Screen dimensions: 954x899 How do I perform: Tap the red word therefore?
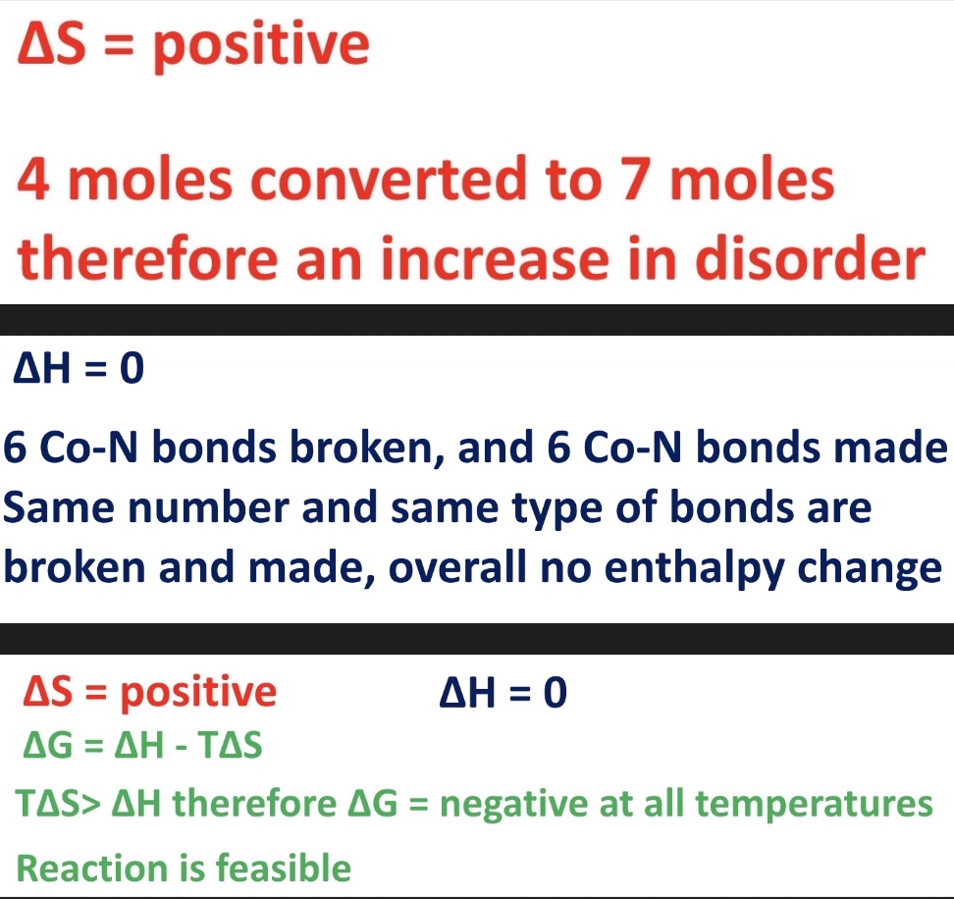[147, 258]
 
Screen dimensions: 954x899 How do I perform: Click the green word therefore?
[254, 803]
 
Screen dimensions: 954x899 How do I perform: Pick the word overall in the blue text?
[458, 567]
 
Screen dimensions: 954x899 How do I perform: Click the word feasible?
[284, 868]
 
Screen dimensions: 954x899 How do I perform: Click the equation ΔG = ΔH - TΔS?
[142, 744]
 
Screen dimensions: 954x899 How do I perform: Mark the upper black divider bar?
[477, 319]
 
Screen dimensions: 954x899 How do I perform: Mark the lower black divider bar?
[477, 639]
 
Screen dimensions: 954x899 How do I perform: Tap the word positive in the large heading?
[261, 45]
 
